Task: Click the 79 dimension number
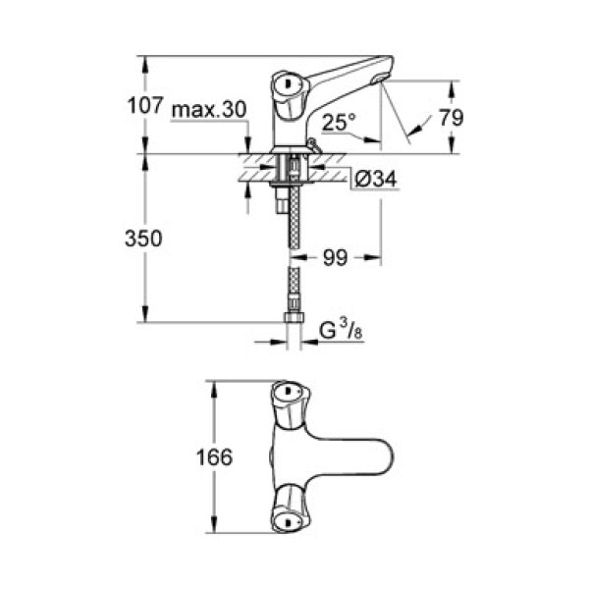pos(451,117)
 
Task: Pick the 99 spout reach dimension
pos(335,258)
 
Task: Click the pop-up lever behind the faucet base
pos(312,145)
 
